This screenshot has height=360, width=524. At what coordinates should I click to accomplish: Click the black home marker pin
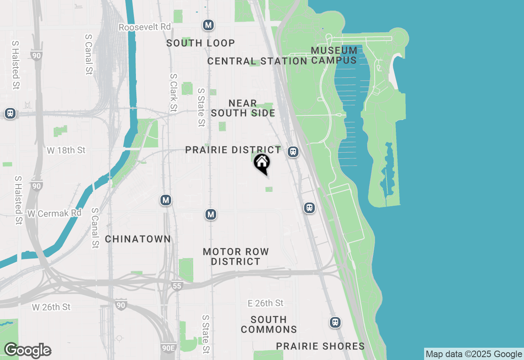coord(262,163)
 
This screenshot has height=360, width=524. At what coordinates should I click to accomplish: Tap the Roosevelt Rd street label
coord(145,27)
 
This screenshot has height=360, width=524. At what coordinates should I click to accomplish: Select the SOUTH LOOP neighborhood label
coord(201,43)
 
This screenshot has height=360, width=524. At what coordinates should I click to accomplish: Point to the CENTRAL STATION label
coord(257,61)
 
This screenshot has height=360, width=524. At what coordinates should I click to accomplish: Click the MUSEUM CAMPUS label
coord(334,55)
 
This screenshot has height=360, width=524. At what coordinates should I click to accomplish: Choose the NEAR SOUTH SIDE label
coord(243,108)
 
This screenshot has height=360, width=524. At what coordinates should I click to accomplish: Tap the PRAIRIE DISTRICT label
coord(233,150)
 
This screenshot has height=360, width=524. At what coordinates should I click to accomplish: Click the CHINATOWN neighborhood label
coord(138,239)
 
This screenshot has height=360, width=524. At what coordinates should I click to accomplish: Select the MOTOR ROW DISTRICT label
coord(236,256)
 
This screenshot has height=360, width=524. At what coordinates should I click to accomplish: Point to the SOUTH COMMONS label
coord(269,324)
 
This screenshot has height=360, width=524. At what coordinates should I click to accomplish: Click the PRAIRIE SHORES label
coord(320,346)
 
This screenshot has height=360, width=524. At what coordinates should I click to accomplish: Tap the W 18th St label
coord(66,151)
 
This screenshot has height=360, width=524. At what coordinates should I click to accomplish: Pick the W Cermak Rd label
coord(54,214)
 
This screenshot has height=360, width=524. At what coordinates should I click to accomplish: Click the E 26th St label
coord(265,303)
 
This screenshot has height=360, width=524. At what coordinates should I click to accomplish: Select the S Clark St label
coord(174,93)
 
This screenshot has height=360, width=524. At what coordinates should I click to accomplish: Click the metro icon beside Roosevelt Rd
coord(208,25)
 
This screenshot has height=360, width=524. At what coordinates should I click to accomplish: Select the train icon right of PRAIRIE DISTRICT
coord(293,152)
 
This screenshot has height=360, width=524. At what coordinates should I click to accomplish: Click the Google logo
coord(27,351)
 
